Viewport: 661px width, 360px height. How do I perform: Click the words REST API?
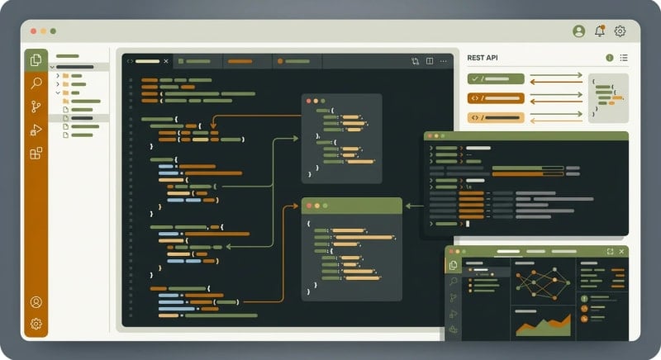(x=482, y=58)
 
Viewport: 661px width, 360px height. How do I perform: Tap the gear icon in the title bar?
(x=620, y=31)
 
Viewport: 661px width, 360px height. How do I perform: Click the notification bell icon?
(x=600, y=31)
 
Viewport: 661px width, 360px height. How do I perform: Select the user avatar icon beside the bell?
(x=578, y=31)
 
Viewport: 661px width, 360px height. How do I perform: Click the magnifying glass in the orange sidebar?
(x=36, y=83)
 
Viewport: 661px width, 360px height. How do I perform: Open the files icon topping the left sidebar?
(x=36, y=59)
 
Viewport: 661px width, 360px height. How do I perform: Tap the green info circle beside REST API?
(x=610, y=58)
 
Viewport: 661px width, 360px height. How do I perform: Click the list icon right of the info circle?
(x=624, y=58)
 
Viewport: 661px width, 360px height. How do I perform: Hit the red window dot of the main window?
(x=33, y=31)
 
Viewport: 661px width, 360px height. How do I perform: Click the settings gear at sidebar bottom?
(x=36, y=324)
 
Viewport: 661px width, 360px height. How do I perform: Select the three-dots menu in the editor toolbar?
(x=444, y=61)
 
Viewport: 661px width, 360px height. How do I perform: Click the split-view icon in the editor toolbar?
(x=430, y=61)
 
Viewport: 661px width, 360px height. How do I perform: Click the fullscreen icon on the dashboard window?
(x=610, y=251)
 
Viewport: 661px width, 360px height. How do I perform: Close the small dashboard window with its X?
(x=622, y=251)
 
